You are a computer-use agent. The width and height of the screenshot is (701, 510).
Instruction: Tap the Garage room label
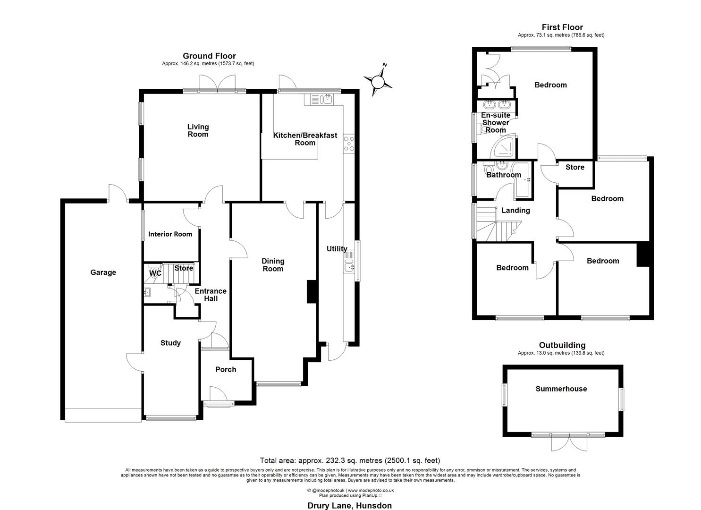point(103,272)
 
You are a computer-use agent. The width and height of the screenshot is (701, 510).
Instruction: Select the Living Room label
point(198,130)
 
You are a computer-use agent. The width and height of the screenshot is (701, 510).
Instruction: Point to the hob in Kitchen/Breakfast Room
point(350,144)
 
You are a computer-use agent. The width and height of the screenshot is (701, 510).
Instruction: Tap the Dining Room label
point(273,265)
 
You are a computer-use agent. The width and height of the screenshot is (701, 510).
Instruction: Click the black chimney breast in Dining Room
point(312,291)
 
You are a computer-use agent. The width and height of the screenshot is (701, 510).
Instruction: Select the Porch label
point(226,369)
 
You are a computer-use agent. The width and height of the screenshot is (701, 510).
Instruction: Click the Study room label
point(170,343)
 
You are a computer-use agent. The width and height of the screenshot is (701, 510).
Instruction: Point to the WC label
point(155,273)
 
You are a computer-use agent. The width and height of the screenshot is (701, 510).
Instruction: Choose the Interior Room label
point(170,234)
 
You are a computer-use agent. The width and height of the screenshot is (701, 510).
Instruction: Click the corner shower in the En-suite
point(503,148)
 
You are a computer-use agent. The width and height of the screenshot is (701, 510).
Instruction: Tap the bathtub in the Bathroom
point(523,179)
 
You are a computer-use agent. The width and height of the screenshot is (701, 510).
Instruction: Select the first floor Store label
point(574,167)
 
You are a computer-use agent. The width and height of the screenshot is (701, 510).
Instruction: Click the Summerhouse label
point(561,389)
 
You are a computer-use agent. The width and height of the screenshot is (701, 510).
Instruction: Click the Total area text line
point(350,460)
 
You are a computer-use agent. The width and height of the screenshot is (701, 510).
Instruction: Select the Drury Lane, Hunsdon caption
point(350,506)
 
